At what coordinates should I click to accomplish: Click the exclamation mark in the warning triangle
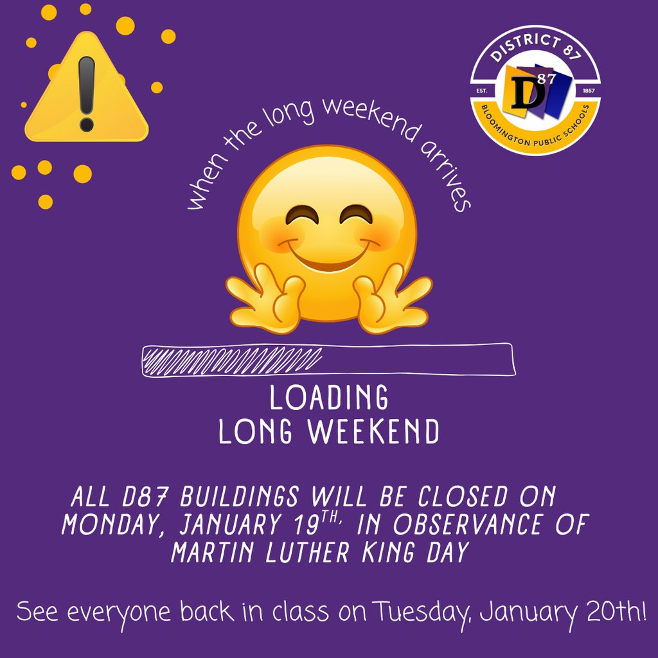pos(86,93)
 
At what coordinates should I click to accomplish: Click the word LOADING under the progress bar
pos(329,398)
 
